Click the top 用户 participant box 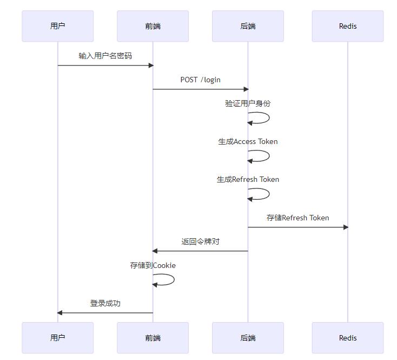click(57, 26)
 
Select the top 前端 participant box click(153, 26)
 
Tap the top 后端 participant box click(248, 26)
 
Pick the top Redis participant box click(347, 26)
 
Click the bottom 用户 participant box click(57, 338)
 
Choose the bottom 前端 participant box click(153, 338)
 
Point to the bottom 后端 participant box click(248, 338)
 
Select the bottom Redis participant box click(347, 338)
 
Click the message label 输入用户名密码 click(105, 56)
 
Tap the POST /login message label click(200, 80)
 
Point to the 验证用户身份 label click(248, 103)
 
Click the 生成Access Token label click(248, 141)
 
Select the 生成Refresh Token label click(248, 179)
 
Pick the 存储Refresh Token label click(297, 218)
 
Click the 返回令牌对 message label click(200, 241)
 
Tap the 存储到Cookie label click(153, 265)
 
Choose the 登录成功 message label click(105, 303)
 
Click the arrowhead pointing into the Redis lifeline click(345, 227)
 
